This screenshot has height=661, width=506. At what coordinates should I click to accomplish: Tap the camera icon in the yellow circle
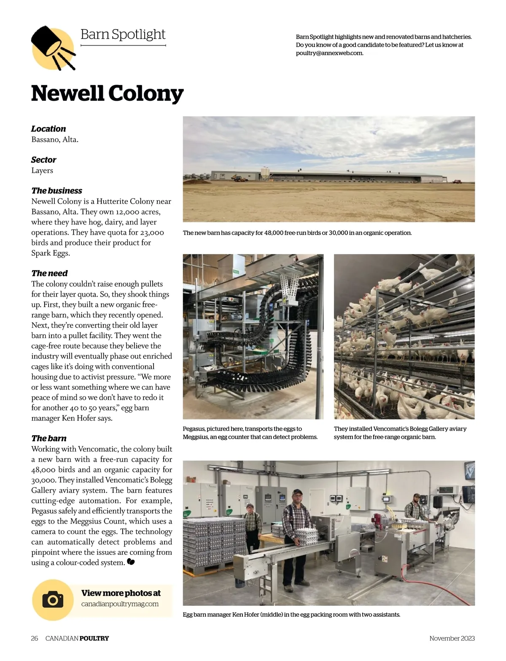click(53, 599)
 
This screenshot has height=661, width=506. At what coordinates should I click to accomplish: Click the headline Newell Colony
click(107, 93)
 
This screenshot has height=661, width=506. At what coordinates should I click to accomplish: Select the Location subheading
click(48, 129)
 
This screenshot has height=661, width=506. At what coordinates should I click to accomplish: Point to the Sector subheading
click(43, 160)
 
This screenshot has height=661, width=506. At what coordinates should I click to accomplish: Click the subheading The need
click(49, 273)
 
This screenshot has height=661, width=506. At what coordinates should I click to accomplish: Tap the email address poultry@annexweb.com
click(329, 53)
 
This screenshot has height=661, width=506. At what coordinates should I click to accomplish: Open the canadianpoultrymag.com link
click(120, 604)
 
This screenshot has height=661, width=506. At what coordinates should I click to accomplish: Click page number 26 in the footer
click(35, 638)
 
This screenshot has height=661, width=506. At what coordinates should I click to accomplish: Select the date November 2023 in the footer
click(452, 638)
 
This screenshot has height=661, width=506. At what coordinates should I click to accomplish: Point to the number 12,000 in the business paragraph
click(128, 212)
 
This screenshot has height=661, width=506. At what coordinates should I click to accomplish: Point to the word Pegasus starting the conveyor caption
click(194, 428)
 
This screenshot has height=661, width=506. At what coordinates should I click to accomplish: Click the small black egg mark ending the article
click(131, 562)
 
